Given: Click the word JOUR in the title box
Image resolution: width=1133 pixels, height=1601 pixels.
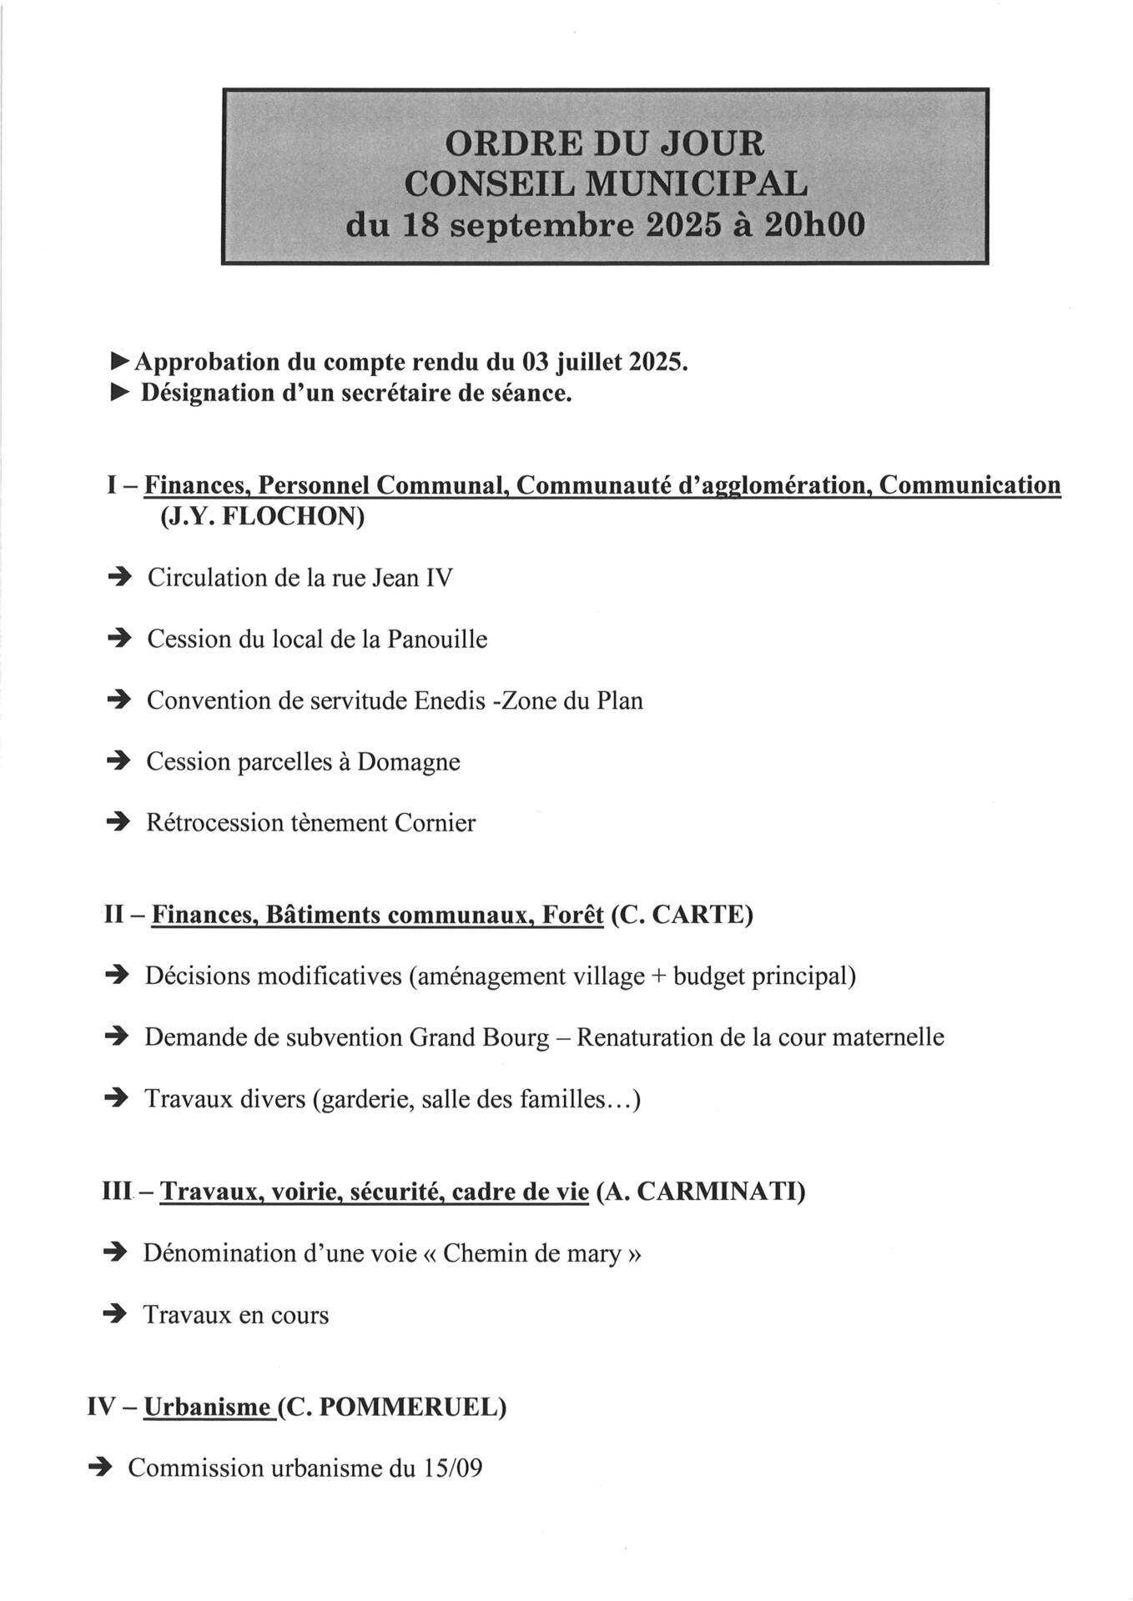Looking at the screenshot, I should click(x=712, y=143).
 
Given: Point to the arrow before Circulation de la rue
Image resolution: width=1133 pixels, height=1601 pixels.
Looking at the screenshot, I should click(x=120, y=577).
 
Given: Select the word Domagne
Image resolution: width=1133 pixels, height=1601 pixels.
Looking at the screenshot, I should click(x=409, y=762).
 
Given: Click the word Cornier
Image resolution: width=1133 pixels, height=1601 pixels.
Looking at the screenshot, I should click(x=435, y=823).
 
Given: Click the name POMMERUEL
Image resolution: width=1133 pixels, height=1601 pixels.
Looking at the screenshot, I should click(x=412, y=1408).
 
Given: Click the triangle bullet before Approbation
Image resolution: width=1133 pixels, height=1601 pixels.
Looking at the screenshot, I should click(x=121, y=362).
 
